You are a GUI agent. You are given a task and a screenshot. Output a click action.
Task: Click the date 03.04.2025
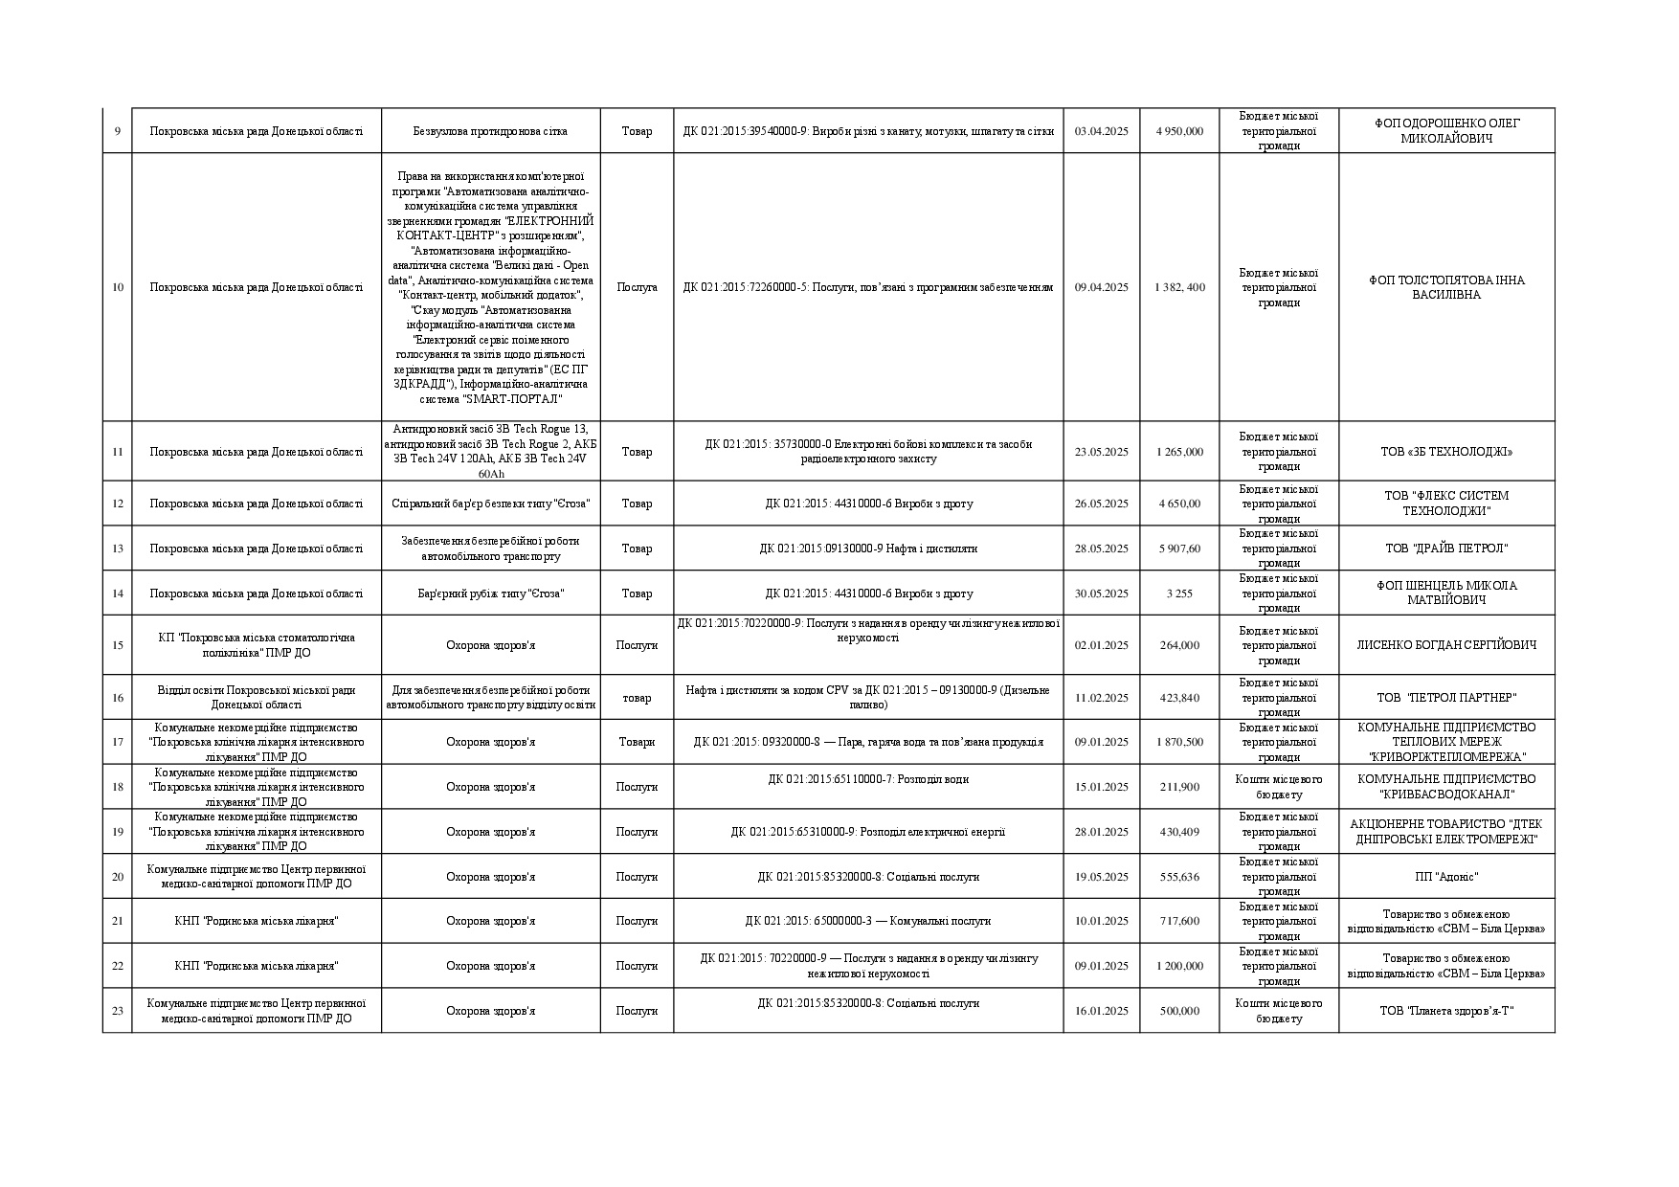pyautogui.click(x=1101, y=131)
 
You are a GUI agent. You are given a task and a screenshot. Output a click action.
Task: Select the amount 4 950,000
pyautogui.click(x=1179, y=131)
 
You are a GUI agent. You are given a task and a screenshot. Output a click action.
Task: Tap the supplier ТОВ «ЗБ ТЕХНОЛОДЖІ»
pyautogui.click(x=1446, y=452)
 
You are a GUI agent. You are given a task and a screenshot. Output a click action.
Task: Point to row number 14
pyautogui.click(x=118, y=593)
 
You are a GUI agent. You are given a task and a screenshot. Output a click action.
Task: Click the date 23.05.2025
pyautogui.click(x=1101, y=452)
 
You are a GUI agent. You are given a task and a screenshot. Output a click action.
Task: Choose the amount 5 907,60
pyautogui.click(x=1179, y=549)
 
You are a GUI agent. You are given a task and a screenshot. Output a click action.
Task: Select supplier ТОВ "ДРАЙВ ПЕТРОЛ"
pyautogui.click(x=1446, y=549)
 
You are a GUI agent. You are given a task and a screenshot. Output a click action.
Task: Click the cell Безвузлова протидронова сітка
pyautogui.click(x=490, y=131)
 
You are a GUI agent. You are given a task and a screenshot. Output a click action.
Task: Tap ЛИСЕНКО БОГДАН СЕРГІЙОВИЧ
pyautogui.click(x=1446, y=645)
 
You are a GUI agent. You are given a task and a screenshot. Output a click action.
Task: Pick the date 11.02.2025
pyautogui.click(x=1101, y=698)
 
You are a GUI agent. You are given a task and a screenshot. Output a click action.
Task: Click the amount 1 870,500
pyautogui.click(x=1179, y=742)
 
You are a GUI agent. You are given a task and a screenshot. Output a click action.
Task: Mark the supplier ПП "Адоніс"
pyautogui.click(x=1446, y=877)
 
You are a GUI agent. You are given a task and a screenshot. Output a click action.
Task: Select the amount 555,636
pyautogui.click(x=1179, y=877)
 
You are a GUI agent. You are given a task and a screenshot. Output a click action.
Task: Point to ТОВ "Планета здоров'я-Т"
pyautogui.click(x=1446, y=1011)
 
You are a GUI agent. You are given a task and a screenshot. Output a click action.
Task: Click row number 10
pyautogui.click(x=118, y=287)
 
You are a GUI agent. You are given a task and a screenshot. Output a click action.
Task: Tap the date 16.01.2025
pyautogui.click(x=1101, y=1011)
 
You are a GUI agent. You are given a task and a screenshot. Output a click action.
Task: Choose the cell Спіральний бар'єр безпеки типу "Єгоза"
pyautogui.click(x=490, y=504)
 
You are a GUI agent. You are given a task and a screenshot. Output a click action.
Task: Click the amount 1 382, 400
pyautogui.click(x=1179, y=287)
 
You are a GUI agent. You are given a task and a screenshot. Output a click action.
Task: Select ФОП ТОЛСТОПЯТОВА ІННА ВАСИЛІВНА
pyautogui.click(x=1446, y=287)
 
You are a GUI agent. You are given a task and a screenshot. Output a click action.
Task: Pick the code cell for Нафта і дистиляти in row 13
pyautogui.click(x=868, y=549)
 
